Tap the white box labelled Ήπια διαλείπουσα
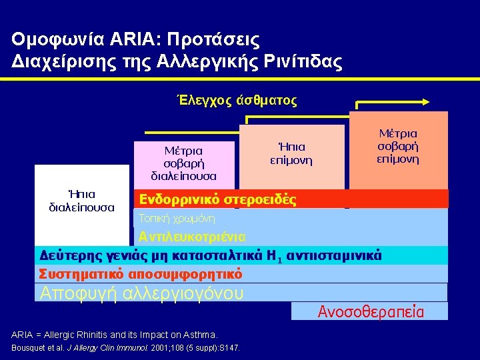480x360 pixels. click(81, 201)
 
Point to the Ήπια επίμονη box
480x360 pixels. click(291, 153)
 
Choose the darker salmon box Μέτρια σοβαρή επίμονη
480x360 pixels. click(398, 147)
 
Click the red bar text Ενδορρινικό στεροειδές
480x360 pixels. click(217, 199)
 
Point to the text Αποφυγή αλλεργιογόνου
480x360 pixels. click(142, 293)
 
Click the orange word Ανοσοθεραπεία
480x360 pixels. click(371, 311)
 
